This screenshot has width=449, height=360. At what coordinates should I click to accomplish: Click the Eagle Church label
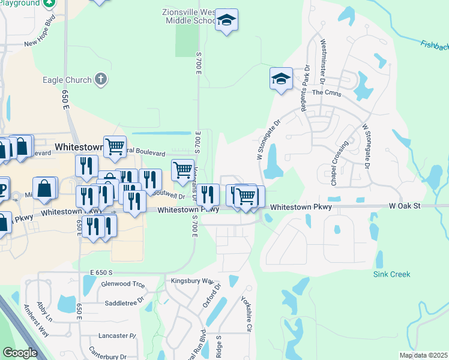[67, 80]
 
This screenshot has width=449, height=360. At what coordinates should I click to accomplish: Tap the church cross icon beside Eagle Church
[101, 79]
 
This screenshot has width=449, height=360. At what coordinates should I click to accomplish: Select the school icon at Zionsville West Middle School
[226, 20]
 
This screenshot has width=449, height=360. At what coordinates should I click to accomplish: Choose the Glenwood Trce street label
[124, 284]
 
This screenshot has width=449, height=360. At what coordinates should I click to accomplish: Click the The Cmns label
[326, 93]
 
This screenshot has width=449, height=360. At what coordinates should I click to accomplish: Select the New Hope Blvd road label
[43, 40]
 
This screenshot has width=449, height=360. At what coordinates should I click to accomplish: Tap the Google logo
[20, 353]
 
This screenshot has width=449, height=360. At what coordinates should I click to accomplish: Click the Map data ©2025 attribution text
[423, 355]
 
